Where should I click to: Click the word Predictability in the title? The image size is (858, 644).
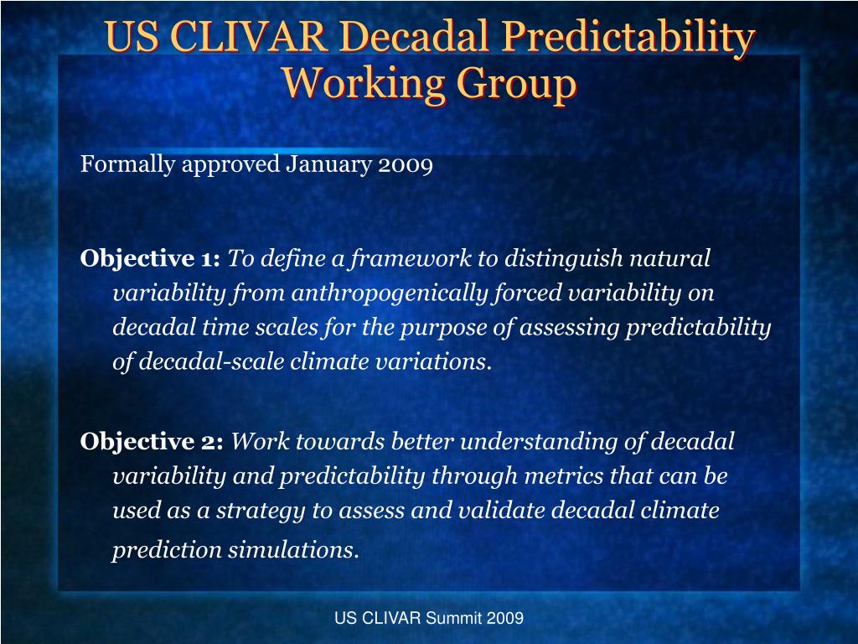(628, 37)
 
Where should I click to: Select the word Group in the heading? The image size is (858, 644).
(516, 83)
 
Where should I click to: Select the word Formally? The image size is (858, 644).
(128, 164)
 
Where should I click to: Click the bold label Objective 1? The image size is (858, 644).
(150, 258)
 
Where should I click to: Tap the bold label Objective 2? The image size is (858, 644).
(152, 441)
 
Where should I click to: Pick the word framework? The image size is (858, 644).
(411, 258)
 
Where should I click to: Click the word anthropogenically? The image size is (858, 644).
(389, 293)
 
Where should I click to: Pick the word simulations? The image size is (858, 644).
(293, 549)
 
